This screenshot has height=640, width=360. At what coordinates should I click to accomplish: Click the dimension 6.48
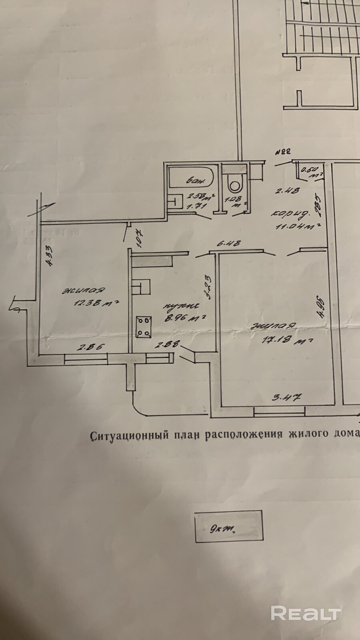click(228, 243)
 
